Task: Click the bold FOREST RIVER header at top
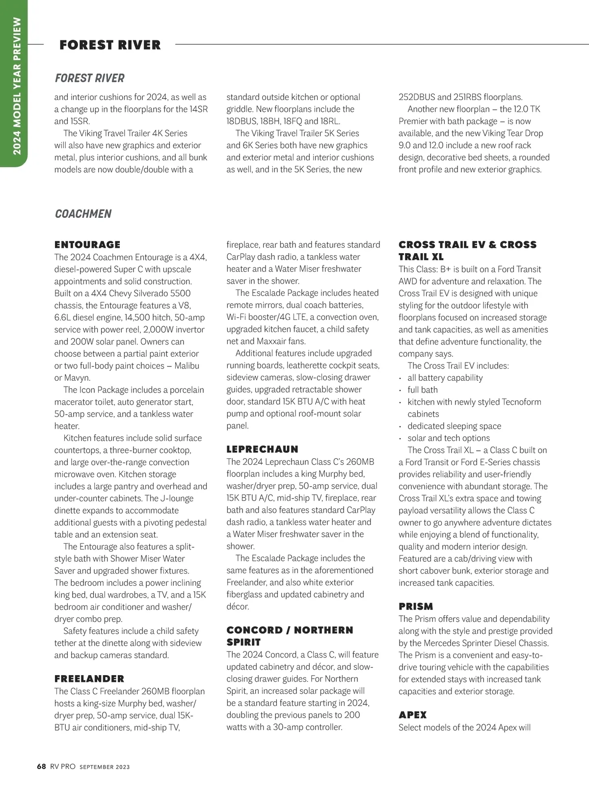pyautogui.click(x=110, y=45)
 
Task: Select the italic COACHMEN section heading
pyautogui.click(x=83, y=214)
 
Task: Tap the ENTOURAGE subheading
pyautogui.click(x=87, y=245)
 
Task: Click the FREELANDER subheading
pyautogui.click(x=89, y=679)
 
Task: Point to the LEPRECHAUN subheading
pyautogui.click(x=262, y=449)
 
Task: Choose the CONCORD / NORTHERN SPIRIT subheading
pyautogui.click(x=290, y=636)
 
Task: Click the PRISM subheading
pyautogui.click(x=416, y=606)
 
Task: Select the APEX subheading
pyautogui.click(x=412, y=715)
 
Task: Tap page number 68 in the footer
pyautogui.click(x=41, y=766)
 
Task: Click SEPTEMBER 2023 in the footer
pyautogui.click(x=105, y=767)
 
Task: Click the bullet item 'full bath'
pyautogui.click(x=422, y=390)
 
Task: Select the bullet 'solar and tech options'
pyautogui.click(x=448, y=438)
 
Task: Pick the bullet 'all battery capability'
pyautogui.click(x=445, y=378)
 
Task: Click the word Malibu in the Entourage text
pyautogui.click(x=187, y=366)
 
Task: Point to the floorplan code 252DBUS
pyautogui.click(x=417, y=97)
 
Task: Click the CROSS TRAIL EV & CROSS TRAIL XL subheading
pyautogui.click(x=467, y=250)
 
